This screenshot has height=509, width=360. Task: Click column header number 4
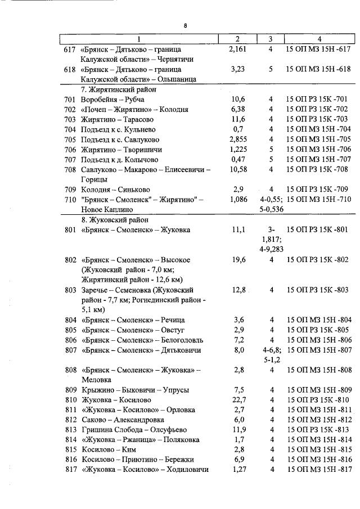319,39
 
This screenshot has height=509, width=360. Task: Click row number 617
70,50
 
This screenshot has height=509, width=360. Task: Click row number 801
70,230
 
